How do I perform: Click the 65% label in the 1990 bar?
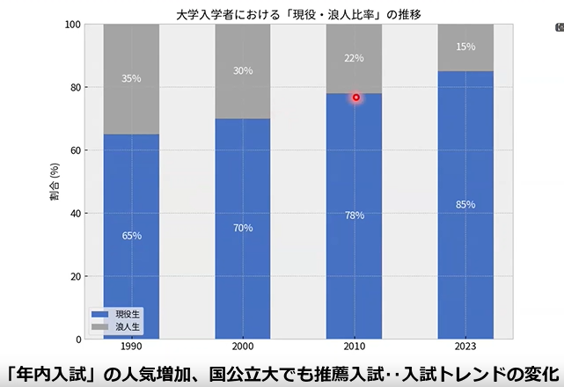coord(131,236)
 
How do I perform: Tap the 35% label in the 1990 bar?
coord(131,78)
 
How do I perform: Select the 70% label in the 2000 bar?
coord(242,228)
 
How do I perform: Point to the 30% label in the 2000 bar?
coord(242,70)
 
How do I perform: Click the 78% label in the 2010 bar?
coord(354,215)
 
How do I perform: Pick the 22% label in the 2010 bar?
coord(354,58)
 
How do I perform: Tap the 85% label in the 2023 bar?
coord(465,205)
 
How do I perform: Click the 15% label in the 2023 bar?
coord(465,47)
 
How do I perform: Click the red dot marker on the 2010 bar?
coord(356,98)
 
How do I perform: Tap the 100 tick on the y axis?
coord(72,25)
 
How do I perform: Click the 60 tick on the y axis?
coord(75,150)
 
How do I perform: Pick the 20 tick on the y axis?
coord(75,276)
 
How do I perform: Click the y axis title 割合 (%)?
coord(55,181)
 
